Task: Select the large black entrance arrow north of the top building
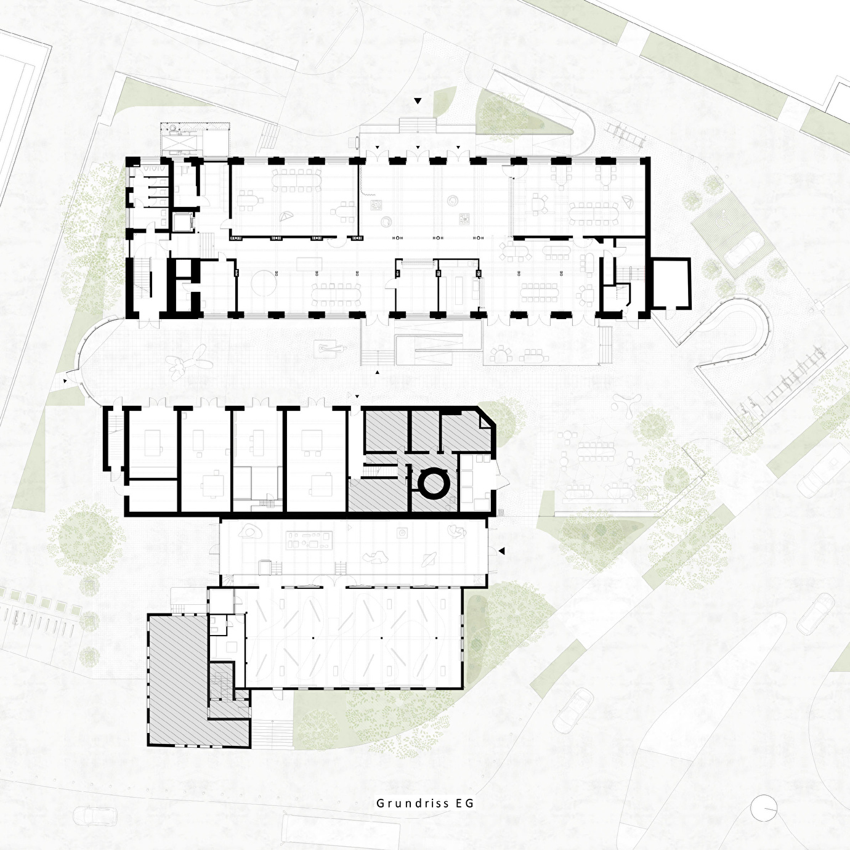[x=417, y=101]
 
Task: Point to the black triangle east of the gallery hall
[x=501, y=551]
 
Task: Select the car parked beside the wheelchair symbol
[x=744, y=250]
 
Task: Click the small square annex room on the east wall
[x=671, y=283]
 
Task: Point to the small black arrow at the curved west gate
[x=65, y=380]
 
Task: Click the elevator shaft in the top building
[x=182, y=222]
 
